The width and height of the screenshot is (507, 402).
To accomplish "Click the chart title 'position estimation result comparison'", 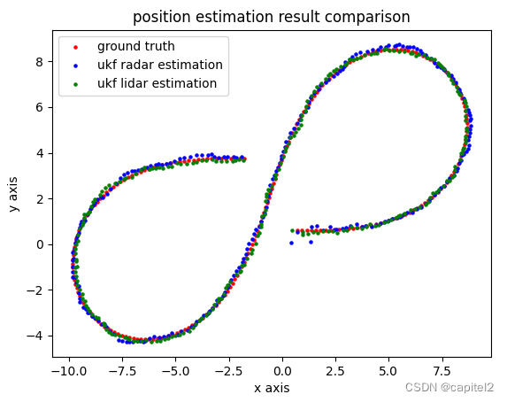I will click(x=271, y=17).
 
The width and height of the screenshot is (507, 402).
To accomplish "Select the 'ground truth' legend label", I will click(x=135, y=46).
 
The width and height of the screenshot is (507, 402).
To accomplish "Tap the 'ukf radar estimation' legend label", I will click(x=159, y=65).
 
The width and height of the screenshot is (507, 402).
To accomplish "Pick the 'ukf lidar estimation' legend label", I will click(x=157, y=83).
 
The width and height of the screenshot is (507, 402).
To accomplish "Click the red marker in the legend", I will click(x=74, y=47).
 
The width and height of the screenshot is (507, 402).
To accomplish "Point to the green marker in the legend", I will click(x=74, y=84).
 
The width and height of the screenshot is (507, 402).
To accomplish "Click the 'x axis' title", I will click(x=271, y=388).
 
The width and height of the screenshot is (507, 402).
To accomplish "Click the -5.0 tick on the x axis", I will click(x=176, y=369).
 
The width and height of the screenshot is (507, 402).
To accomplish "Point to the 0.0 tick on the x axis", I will click(x=282, y=369).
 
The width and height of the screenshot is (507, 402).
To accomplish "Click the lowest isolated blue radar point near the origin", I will click(x=291, y=242).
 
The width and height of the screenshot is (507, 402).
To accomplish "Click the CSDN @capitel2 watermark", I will click(x=449, y=388).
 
